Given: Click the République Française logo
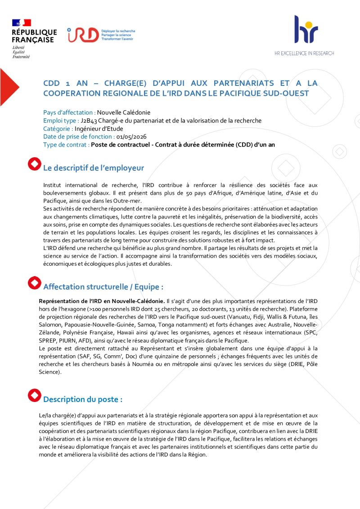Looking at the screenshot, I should tap(34, 38).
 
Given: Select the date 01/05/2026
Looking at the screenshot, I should tap(131, 137).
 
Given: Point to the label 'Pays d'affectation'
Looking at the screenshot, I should tap(69, 112).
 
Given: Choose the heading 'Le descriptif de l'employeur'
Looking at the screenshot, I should tap(94, 168).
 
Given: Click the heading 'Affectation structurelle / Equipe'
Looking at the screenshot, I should tap(103, 287).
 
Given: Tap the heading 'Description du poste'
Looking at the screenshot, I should tap(83, 399).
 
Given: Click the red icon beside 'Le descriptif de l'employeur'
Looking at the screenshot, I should tap(34, 164).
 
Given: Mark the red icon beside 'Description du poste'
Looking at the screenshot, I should tap(34, 395).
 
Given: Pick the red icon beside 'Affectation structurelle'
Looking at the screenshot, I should tap(34, 283).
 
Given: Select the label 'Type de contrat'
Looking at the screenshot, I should tap(66, 145).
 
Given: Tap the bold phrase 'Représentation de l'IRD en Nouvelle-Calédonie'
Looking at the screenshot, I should tap(102, 301).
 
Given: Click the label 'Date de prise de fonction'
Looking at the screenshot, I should tap(77, 137).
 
